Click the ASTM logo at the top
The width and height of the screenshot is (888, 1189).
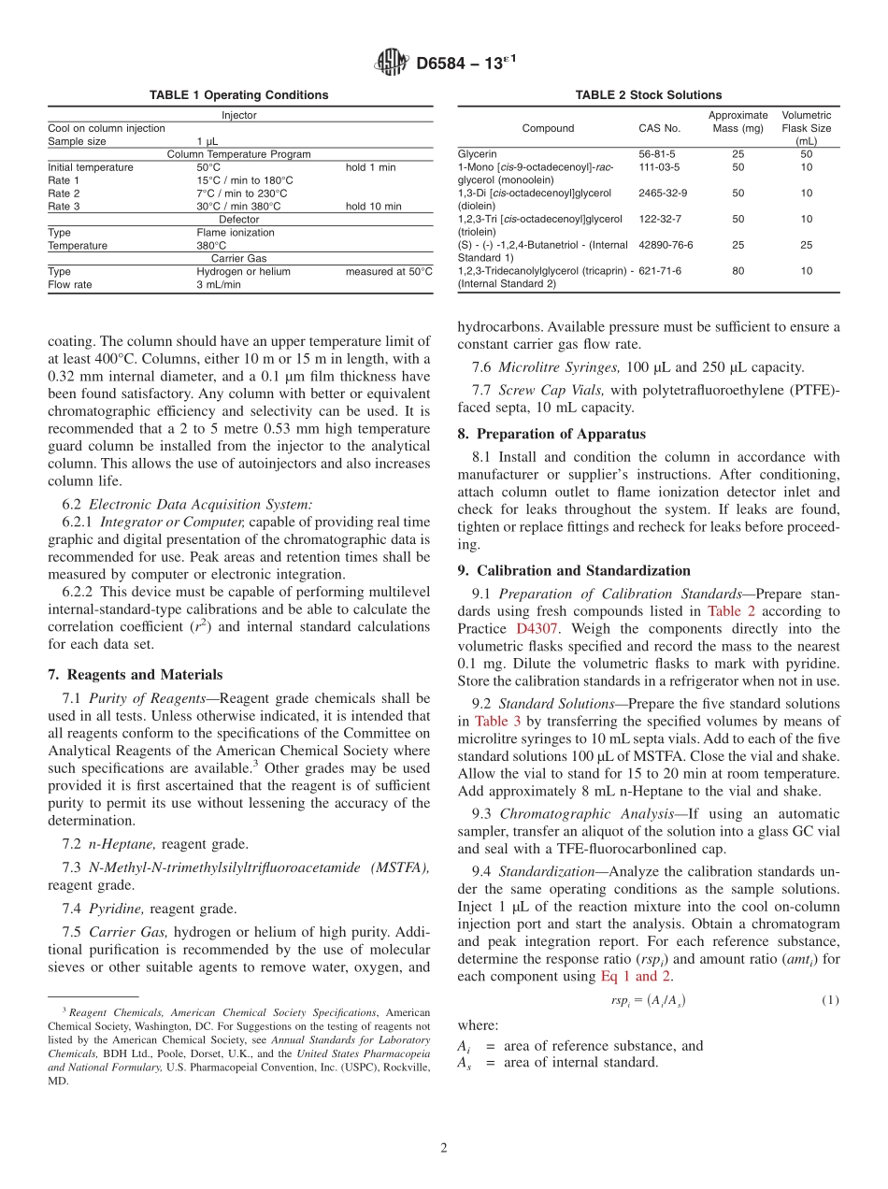click(x=392, y=63)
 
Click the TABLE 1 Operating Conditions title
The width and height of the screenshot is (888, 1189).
click(x=239, y=95)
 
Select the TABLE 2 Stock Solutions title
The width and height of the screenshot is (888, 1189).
click(x=648, y=95)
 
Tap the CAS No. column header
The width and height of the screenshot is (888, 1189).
click(x=659, y=128)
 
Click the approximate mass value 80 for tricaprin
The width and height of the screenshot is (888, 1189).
click(x=738, y=271)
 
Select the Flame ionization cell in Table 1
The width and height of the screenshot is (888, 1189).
click(x=236, y=233)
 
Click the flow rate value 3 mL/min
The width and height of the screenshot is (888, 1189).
click(x=219, y=285)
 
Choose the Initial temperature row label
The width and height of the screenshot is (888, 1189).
click(x=91, y=167)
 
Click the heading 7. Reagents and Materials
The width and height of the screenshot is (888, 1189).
click(x=135, y=675)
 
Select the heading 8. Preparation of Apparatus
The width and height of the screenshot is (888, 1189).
click(x=551, y=435)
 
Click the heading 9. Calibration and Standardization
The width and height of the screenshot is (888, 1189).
click(x=574, y=571)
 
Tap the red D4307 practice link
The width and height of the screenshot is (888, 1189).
click(x=537, y=629)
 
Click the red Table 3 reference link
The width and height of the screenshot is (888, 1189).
click(x=491, y=722)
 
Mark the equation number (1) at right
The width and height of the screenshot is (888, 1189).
click(x=829, y=1000)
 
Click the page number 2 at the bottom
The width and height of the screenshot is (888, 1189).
click(x=444, y=1147)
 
